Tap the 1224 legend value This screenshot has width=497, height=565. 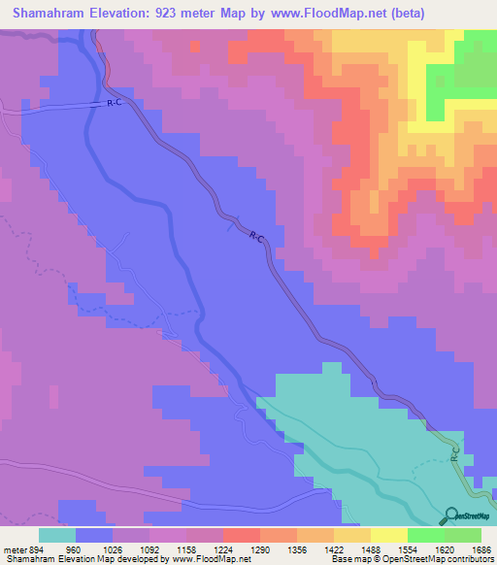pyautogui.click(x=223, y=549)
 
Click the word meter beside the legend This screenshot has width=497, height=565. pyautogui.click(x=14, y=549)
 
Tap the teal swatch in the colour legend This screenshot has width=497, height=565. pyautogui.click(x=57, y=535)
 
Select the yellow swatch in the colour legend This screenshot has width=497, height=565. pyautogui.click(x=388, y=535)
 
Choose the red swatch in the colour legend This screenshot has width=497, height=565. pyautogui.click(x=242, y=535)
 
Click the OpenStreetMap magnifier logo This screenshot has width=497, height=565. pyautogui.click(x=451, y=515)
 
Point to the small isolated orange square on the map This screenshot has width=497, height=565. pyautogui.click(x=194, y=46)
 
